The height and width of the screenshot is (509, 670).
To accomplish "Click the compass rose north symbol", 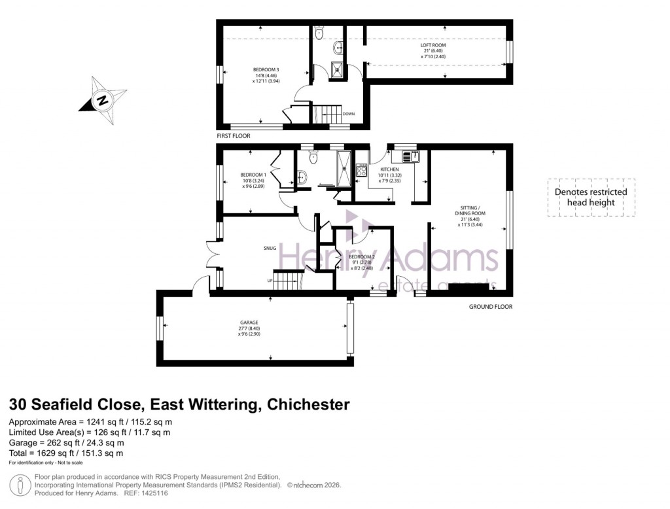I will tap(102, 101).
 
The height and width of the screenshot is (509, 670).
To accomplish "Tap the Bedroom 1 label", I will tap(253, 175).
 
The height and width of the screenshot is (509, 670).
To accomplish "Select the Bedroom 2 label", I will tap(362, 256).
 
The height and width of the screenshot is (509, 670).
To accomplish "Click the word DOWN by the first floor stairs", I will tap(349, 114).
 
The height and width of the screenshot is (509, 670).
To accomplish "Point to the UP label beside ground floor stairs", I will tap(268, 281).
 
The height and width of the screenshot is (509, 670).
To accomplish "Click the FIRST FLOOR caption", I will tap(234, 136).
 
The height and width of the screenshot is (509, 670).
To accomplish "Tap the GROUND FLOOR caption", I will tap(491, 307).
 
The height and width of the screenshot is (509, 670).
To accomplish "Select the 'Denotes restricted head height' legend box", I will tap(590, 197).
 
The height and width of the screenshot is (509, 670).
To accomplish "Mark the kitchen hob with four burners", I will tap(361, 171).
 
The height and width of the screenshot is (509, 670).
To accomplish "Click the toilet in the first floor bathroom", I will tap(319, 33).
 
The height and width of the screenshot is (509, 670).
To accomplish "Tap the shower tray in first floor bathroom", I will tap(338, 69).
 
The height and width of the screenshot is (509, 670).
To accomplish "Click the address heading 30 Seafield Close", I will tap(179, 404).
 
